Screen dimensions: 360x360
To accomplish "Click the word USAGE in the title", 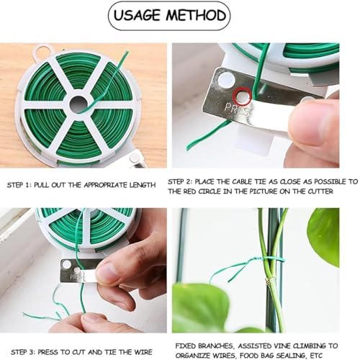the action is (x=137, y=15).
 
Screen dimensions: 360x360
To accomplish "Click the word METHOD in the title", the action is (x=197, y=15).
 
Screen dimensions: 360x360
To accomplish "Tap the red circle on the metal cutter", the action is (x=243, y=96).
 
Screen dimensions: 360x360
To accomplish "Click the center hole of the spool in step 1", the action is (x=78, y=104).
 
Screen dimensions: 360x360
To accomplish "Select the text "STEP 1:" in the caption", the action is (x=19, y=185).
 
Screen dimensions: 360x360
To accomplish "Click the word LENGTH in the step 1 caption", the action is (x=143, y=185).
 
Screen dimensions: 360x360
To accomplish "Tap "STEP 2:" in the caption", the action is (x=180, y=181).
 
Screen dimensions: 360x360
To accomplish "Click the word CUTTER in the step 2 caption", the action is (x=320, y=192).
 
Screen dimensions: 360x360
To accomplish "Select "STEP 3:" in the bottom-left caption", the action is (x=23, y=352).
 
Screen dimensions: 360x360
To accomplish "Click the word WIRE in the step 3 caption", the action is (x=143, y=352).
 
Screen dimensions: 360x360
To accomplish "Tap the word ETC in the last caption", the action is (x=317, y=356).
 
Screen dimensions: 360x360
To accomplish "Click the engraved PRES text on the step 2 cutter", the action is (x=236, y=109).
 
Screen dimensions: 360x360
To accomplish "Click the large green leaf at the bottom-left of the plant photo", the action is (x=200, y=307).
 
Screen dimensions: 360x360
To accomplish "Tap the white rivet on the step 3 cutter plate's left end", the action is (x=66, y=264).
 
